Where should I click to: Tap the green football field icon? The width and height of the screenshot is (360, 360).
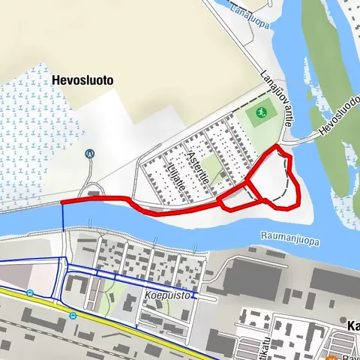[x=260, y=112]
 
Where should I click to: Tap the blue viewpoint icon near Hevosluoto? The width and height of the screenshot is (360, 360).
[x=91, y=153]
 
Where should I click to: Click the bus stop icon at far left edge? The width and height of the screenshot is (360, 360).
[x=29, y=293]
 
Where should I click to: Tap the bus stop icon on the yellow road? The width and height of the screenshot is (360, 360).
[x=73, y=316]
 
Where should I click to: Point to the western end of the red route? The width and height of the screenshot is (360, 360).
[x=62, y=202]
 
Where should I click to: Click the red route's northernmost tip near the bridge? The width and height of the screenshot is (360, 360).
[x=280, y=147]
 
